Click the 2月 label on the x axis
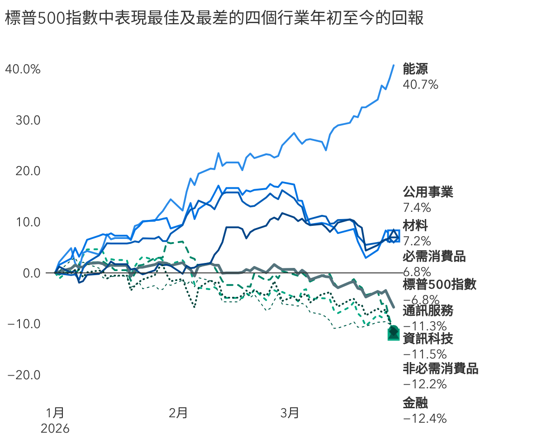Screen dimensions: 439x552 tap(178, 413)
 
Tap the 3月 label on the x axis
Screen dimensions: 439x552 tap(290, 413)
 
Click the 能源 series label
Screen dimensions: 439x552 tap(415, 69)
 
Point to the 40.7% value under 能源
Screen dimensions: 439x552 tap(420, 84)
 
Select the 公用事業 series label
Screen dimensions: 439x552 tap(428, 192)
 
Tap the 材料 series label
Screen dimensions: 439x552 tap(415, 225)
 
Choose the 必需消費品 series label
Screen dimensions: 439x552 tap(434, 257)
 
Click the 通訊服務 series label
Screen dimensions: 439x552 tap(428, 311)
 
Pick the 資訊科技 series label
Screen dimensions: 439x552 tap(428, 339)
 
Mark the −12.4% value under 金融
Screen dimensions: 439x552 tap(424, 419)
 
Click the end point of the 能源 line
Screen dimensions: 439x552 tap(394, 65)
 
